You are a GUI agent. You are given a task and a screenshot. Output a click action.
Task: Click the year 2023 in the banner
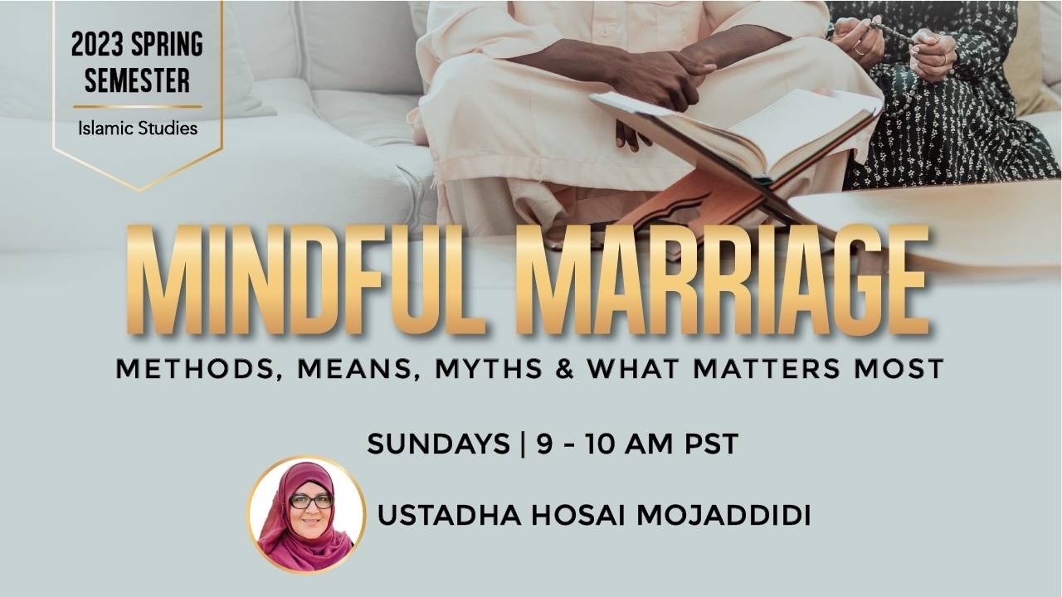coord(98,45)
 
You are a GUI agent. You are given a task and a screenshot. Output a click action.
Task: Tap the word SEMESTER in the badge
coord(138,80)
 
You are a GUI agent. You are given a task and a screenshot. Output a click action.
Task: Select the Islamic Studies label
coord(138,128)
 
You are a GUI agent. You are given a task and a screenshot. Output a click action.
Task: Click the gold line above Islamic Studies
coord(138,107)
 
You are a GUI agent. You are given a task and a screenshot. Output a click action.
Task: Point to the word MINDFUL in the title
coord(307,279)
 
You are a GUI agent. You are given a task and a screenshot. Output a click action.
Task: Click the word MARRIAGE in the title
coord(722,279)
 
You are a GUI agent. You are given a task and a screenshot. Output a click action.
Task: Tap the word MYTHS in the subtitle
coord(489,369)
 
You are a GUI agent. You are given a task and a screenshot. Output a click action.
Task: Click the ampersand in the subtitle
coord(565,369)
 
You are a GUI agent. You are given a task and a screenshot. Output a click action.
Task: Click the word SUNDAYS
coord(438,444)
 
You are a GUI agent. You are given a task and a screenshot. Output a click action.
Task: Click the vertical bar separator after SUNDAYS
coord(523,444)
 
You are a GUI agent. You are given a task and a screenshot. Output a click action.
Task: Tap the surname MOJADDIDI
coord(723,516)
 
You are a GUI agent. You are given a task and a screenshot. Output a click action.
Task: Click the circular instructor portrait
coord(306,515)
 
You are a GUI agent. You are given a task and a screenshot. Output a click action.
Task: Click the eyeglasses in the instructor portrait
coord(311,502)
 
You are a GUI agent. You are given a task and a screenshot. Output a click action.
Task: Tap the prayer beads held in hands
coord(891,33)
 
